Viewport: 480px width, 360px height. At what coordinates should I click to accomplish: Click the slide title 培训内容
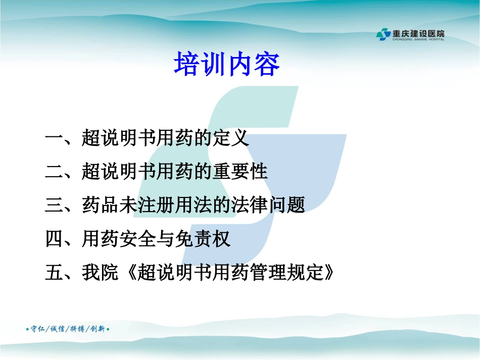226,65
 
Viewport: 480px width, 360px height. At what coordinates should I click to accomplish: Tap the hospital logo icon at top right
383,34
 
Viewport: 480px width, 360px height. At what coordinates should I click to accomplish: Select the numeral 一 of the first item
54,138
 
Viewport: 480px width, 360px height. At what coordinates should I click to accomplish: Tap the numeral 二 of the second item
54,172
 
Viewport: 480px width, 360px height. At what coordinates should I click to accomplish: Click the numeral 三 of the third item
54,205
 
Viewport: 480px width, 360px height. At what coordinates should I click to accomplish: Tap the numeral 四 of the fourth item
54,239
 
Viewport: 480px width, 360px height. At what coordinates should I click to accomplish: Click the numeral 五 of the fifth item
54,273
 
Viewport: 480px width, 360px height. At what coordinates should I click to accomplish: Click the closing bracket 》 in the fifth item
329,273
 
